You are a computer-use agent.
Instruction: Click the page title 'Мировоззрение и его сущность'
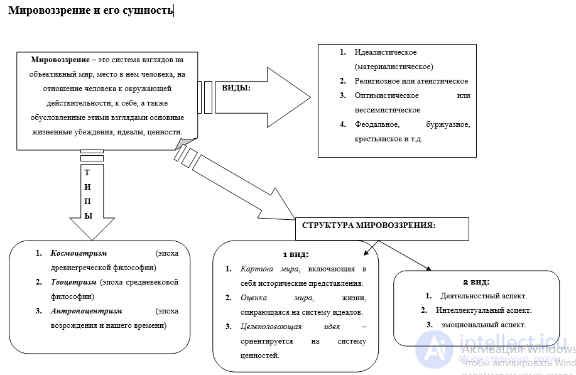90,10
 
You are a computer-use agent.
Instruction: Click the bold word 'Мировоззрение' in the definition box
60,60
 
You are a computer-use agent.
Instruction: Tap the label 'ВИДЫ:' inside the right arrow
236,88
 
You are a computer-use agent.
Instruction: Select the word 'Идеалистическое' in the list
385,52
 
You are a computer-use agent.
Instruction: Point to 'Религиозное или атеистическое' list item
411,81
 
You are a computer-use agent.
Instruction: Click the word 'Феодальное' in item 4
377,124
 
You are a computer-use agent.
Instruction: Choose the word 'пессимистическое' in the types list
387,110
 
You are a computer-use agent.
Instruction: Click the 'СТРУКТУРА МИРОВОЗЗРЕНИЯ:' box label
369,225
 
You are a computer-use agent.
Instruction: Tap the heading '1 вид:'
296,254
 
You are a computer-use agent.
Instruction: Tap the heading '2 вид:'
476,282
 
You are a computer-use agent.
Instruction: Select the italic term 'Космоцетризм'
79,253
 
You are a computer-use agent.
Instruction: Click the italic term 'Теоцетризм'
73,282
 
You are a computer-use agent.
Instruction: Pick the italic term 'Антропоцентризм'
86,311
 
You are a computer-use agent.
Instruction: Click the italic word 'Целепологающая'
271,327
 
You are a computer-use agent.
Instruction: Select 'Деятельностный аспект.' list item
484,296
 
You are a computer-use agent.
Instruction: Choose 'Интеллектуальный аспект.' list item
484,310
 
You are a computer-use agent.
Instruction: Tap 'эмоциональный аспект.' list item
484,325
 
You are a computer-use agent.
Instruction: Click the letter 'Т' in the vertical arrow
87,173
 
